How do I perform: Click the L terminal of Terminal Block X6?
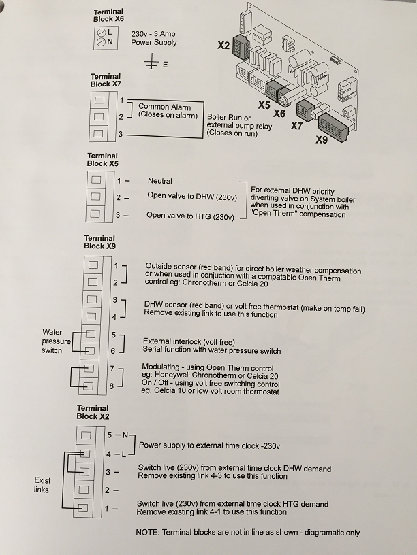(x=101, y=33)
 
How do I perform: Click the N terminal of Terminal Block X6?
(x=101, y=42)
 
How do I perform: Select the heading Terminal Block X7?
(x=105, y=80)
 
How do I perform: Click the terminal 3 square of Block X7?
(x=100, y=133)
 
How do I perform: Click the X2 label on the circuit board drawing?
(x=223, y=46)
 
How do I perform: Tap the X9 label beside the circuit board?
(x=322, y=140)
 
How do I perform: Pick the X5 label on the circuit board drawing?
(x=264, y=105)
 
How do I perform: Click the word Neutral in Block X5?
(x=160, y=181)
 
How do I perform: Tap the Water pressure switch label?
(x=56, y=341)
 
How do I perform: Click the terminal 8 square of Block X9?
(x=87, y=386)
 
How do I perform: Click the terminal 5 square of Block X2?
(x=85, y=435)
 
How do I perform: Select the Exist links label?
(x=42, y=485)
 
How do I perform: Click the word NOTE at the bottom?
(x=148, y=533)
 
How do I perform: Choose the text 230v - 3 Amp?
(x=153, y=33)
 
